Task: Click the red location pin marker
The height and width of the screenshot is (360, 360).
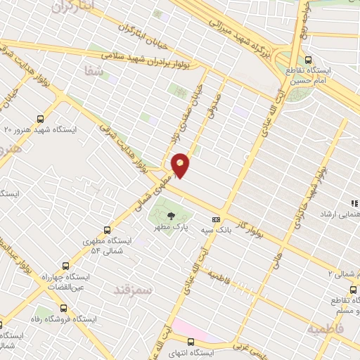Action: point(180,164)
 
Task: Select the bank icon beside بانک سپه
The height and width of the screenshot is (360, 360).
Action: point(216,219)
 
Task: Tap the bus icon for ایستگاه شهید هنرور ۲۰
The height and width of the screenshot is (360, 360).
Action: point(40,119)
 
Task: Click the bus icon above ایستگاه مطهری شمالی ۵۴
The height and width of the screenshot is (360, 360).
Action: point(107,229)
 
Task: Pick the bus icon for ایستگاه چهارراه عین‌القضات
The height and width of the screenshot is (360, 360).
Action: point(65,266)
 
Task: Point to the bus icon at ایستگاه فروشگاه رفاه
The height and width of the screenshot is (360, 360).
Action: point(64,307)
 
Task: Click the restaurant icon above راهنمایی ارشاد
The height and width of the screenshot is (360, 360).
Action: point(354,203)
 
